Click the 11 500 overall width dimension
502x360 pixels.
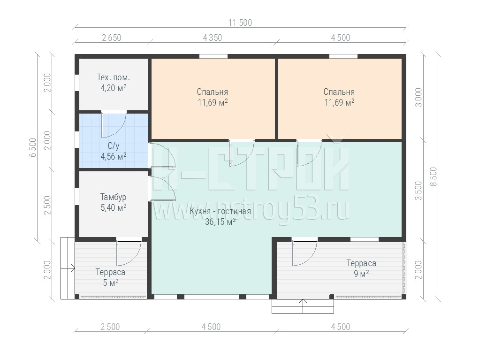click(240, 23)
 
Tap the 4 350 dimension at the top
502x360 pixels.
click(212, 38)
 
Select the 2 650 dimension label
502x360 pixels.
click(112, 38)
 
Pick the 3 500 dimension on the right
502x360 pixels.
click(418, 191)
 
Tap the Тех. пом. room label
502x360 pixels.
click(114, 77)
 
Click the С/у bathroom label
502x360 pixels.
click(114, 146)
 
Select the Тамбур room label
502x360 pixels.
click(114, 197)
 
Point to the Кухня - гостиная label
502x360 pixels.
click(220, 211)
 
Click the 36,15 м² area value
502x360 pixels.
click(220, 222)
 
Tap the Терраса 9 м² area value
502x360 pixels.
click(361, 274)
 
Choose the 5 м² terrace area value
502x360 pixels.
click(110, 283)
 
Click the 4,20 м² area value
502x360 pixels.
click(114, 88)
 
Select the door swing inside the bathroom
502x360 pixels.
click(114, 125)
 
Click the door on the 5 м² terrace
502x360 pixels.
click(129, 253)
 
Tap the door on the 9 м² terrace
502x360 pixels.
click(304, 253)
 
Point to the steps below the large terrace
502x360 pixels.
click(303, 306)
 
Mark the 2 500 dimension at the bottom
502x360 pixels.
click(110, 327)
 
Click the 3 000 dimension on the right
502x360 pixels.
click(418, 97)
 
